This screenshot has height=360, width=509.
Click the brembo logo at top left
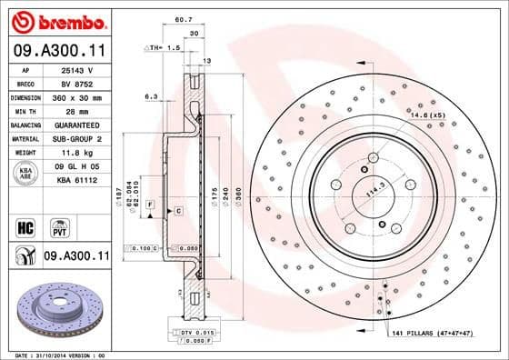pos(56,20)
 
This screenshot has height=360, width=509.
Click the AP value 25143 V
pos(75,70)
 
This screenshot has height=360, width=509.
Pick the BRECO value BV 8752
pos(75,83)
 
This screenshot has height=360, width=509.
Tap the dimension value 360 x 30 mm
pos(75,96)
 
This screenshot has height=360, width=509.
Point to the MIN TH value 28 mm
pos(75,110)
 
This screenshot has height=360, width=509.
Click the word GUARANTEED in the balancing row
pos(75,124)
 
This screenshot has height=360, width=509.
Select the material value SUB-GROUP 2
pos(75,138)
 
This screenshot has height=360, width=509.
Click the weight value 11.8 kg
pos(75,153)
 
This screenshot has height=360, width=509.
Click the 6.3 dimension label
pos(151,95)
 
